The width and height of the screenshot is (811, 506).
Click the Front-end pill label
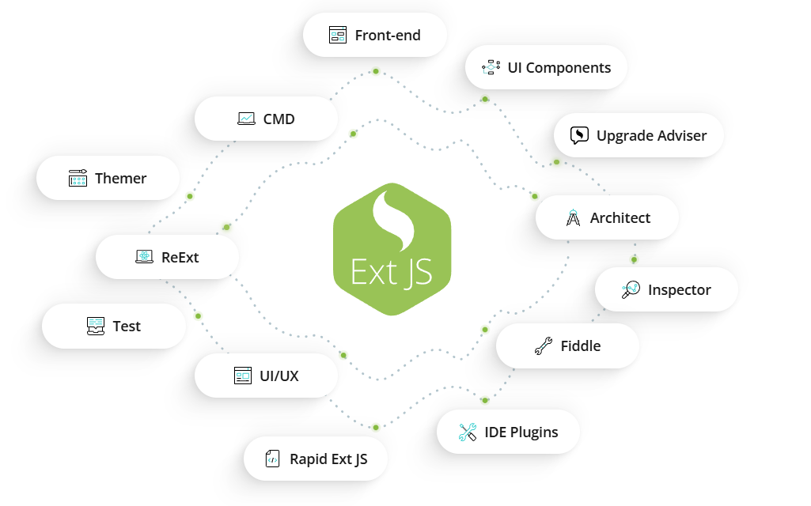pos(387,36)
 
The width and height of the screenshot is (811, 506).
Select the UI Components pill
pos(546,68)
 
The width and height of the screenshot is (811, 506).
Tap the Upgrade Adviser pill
pos(639,136)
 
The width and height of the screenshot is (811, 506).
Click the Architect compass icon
pos(574,218)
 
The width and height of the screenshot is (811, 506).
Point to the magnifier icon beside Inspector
pos(630,290)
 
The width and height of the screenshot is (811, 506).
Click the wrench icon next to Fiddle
pos(543,346)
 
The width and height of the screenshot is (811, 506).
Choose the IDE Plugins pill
pos(508,432)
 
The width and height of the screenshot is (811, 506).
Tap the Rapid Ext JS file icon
pos(272,459)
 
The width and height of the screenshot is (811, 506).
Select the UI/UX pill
pos(266,376)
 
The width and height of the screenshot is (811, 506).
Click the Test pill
pos(113,327)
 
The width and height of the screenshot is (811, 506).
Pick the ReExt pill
pos(167,257)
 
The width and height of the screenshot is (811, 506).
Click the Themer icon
pos(78,179)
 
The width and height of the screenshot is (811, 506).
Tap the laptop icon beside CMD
pos(246,119)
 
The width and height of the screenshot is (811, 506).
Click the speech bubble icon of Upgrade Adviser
pos(580,135)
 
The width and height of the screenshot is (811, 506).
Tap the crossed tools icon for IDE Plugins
pos(467,432)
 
